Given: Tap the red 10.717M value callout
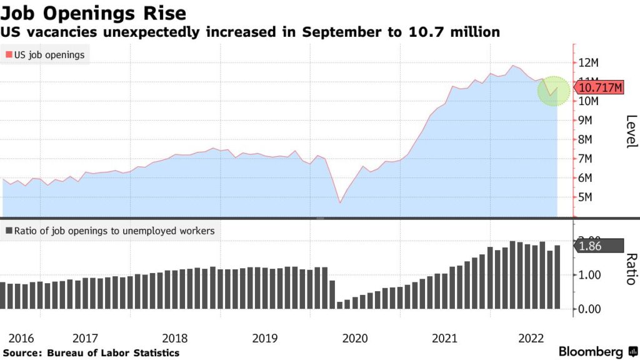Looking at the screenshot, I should (x=599, y=87).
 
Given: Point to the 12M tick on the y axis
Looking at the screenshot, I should (x=589, y=62).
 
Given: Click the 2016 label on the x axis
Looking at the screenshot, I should (x=22, y=338).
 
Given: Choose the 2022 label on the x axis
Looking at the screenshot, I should (x=532, y=338).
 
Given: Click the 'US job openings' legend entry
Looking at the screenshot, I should (x=47, y=54).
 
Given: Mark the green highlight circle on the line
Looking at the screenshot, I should (x=554, y=91).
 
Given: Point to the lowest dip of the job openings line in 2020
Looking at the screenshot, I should (x=340, y=202).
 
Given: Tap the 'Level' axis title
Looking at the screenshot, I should (x=630, y=132).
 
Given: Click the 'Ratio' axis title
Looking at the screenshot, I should (x=630, y=269).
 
